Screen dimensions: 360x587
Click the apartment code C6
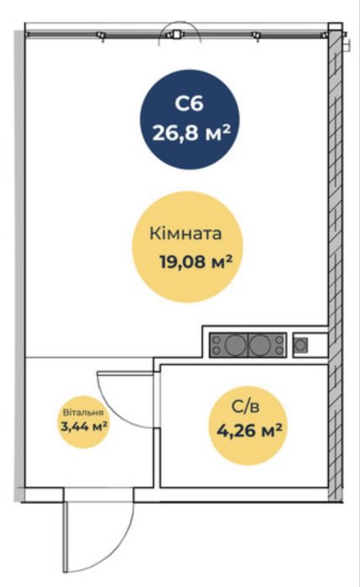[x=190, y=103]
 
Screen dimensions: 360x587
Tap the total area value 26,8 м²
[x=190, y=133]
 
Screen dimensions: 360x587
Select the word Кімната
[x=185, y=233]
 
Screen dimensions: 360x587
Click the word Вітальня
[x=83, y=413]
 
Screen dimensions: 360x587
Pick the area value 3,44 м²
[x=84, y=426]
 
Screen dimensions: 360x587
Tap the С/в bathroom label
[x=245, y=407]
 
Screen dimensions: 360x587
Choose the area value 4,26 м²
[x=249, y=431]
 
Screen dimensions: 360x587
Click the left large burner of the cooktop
[x=235, y=345]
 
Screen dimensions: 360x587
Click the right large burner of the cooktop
[x=260, y=345]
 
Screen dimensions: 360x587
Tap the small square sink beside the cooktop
[x=300, y=345]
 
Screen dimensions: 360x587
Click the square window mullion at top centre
[x=176, y=34]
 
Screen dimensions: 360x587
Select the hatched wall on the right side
[x=336, y=262]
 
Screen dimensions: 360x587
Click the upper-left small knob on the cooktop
[x=216, y=339]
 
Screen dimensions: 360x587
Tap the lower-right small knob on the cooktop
[x=279, y=351]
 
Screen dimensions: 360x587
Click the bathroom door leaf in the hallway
[x=125, y=373]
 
